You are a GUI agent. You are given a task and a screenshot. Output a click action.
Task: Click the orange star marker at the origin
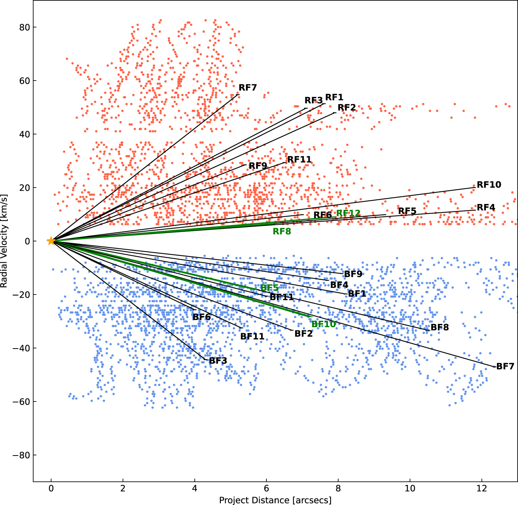pos(51,241)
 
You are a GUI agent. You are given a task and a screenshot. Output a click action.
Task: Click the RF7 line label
pos(248,88)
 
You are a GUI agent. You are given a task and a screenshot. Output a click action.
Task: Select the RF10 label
pos(489,185)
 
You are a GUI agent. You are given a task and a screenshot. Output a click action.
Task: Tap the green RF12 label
pos(348,213)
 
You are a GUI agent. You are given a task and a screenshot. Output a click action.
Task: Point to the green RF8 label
pos(282,231)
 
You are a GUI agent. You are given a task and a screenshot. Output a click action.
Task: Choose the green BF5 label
pos(270,288)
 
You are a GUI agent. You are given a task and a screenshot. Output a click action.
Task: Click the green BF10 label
pos(323,324)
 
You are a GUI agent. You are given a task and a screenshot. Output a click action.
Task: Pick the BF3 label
pos(218,361)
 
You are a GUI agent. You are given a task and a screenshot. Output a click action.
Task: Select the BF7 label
pos(505,367)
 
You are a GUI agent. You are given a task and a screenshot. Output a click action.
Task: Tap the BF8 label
pos(439,327)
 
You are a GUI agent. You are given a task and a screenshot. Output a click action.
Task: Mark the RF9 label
pos(258,166)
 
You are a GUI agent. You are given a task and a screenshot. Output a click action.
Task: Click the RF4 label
pos(486,207)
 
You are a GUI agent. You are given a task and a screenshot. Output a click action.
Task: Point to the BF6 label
pos(201,317)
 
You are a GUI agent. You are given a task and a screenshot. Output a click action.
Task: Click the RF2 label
pos(347,108)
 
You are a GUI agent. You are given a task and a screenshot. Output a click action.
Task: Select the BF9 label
pos(353,274)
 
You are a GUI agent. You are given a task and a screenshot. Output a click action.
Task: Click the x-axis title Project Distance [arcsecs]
pos(275,500)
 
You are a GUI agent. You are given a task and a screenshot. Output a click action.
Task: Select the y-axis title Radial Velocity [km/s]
pos(4,241)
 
